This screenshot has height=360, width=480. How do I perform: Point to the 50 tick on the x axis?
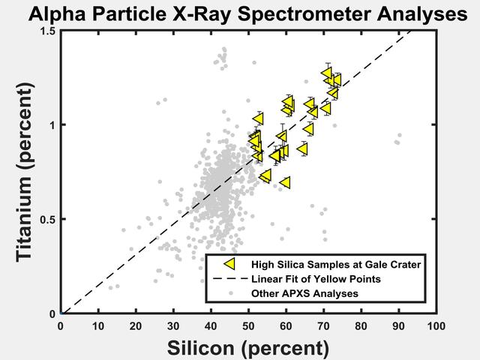click(x=248, y=326)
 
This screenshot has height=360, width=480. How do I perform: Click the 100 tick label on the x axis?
click(x=436, y=326)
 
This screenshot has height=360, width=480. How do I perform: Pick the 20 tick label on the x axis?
click(x=136, y=326)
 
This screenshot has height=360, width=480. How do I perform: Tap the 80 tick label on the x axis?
click(x=361, y=326)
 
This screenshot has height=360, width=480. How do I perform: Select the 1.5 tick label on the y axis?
click(x=47, y=31)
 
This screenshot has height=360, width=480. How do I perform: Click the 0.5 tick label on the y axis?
click(x=47, y=220)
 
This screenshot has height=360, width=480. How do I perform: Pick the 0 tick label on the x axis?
click(x=61, y=326)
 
